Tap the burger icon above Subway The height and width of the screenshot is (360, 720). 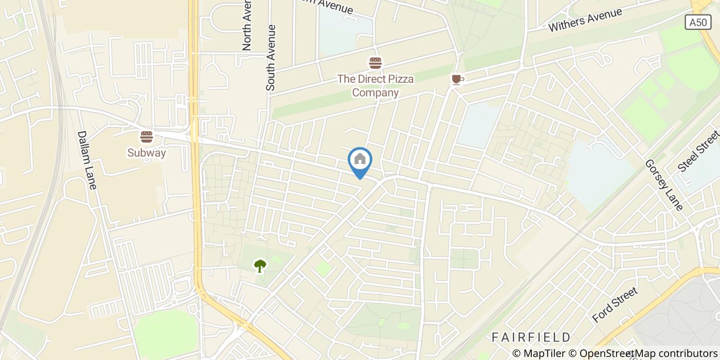[147, 137]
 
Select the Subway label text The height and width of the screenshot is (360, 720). [147, 153]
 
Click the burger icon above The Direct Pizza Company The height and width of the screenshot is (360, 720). [375, 63]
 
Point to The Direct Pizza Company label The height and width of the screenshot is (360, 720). [375, 86]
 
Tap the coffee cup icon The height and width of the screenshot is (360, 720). [457, 79]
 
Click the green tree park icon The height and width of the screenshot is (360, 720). [260, 265]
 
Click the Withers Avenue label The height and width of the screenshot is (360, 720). [585, 20]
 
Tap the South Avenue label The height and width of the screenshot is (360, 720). [271, 58]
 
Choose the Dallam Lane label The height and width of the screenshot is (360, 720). [86, 159]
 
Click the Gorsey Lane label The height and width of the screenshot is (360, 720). [664, 185]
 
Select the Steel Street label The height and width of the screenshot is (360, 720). [698, 151]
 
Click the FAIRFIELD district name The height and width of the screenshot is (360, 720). [531, 337]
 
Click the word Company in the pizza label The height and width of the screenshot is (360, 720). [375, 93]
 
